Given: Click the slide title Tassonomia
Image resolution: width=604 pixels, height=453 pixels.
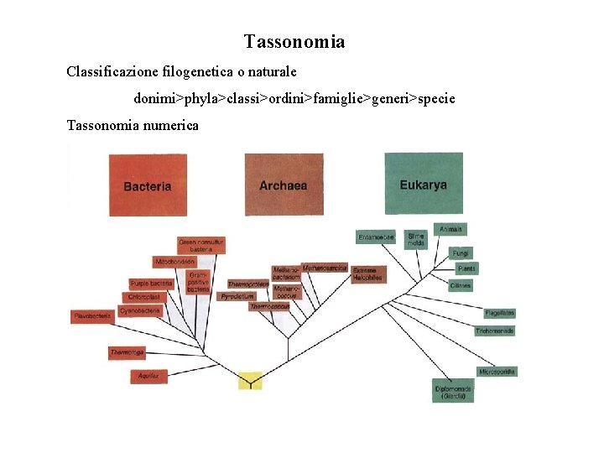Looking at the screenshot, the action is click(294, 41).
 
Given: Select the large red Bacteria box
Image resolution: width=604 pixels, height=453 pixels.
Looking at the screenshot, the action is click(148, 185).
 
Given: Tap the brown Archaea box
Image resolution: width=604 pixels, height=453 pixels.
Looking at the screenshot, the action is click(284, 185).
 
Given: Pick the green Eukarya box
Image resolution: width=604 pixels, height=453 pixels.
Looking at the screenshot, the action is click(423, 184).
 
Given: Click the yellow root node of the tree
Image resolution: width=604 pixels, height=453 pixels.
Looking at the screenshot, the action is click(250, 381).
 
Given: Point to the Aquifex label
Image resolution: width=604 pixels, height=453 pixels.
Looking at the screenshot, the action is click(149, 377).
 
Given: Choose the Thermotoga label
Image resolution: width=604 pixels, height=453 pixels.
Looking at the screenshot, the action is click(127, 353).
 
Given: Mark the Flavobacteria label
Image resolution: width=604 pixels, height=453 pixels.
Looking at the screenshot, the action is click(92, 316).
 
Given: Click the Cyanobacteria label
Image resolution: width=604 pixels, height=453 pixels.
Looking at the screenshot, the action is click(140, 310).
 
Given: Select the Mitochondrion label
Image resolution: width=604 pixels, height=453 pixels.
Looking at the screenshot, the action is click(174, 262).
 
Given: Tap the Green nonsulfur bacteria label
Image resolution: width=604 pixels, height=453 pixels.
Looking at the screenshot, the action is click(201, 245).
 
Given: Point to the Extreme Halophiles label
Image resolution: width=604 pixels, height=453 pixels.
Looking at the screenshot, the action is click(367, 273).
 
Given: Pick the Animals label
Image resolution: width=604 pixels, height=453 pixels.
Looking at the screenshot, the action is click(450, 229).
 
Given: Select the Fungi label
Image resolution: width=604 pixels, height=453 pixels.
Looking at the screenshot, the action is click(461, 253).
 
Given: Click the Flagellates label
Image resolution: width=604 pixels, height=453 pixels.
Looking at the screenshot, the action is click(499, 313).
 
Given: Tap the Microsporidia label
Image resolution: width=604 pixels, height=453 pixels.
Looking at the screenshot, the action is click(497, 371).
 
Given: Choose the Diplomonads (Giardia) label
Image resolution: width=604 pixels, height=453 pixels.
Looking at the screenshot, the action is click(453, 392).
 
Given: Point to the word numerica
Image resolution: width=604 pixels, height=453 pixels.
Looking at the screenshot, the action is click(170, 125).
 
